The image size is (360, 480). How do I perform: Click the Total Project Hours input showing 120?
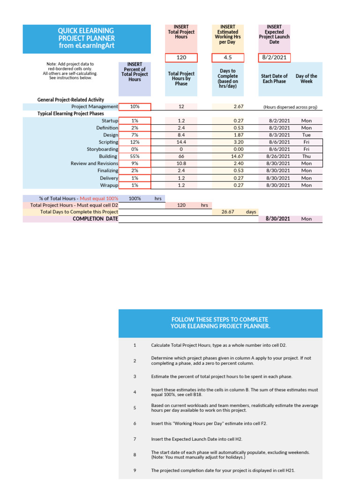(181, 58)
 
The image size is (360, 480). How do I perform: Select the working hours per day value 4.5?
(227, 58)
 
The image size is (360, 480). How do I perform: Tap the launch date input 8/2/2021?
(274, 58)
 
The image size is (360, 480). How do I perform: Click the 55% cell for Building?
(135, 156)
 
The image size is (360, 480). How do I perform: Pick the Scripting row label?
(108, 142)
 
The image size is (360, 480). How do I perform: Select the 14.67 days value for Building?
(227, 156)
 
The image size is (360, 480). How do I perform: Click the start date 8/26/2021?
(278, 156)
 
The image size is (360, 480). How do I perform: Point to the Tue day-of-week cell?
(306, 135)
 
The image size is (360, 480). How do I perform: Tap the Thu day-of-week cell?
(306, 156)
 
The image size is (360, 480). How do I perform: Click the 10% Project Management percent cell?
(135, 107)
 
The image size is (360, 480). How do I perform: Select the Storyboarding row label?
(103, 149)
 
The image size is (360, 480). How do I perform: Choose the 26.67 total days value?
(227, 212)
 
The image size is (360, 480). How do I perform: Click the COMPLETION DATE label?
(96, 219)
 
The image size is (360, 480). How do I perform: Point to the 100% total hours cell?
(135, 199)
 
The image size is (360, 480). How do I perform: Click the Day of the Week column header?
(306, 78)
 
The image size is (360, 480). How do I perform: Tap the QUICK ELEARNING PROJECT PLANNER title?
(87, 38)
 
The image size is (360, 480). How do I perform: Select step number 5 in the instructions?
(135, 408)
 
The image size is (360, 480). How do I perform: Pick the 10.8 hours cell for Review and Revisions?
(181, 164)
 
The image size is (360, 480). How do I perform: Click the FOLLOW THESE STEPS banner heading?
(220, 323)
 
